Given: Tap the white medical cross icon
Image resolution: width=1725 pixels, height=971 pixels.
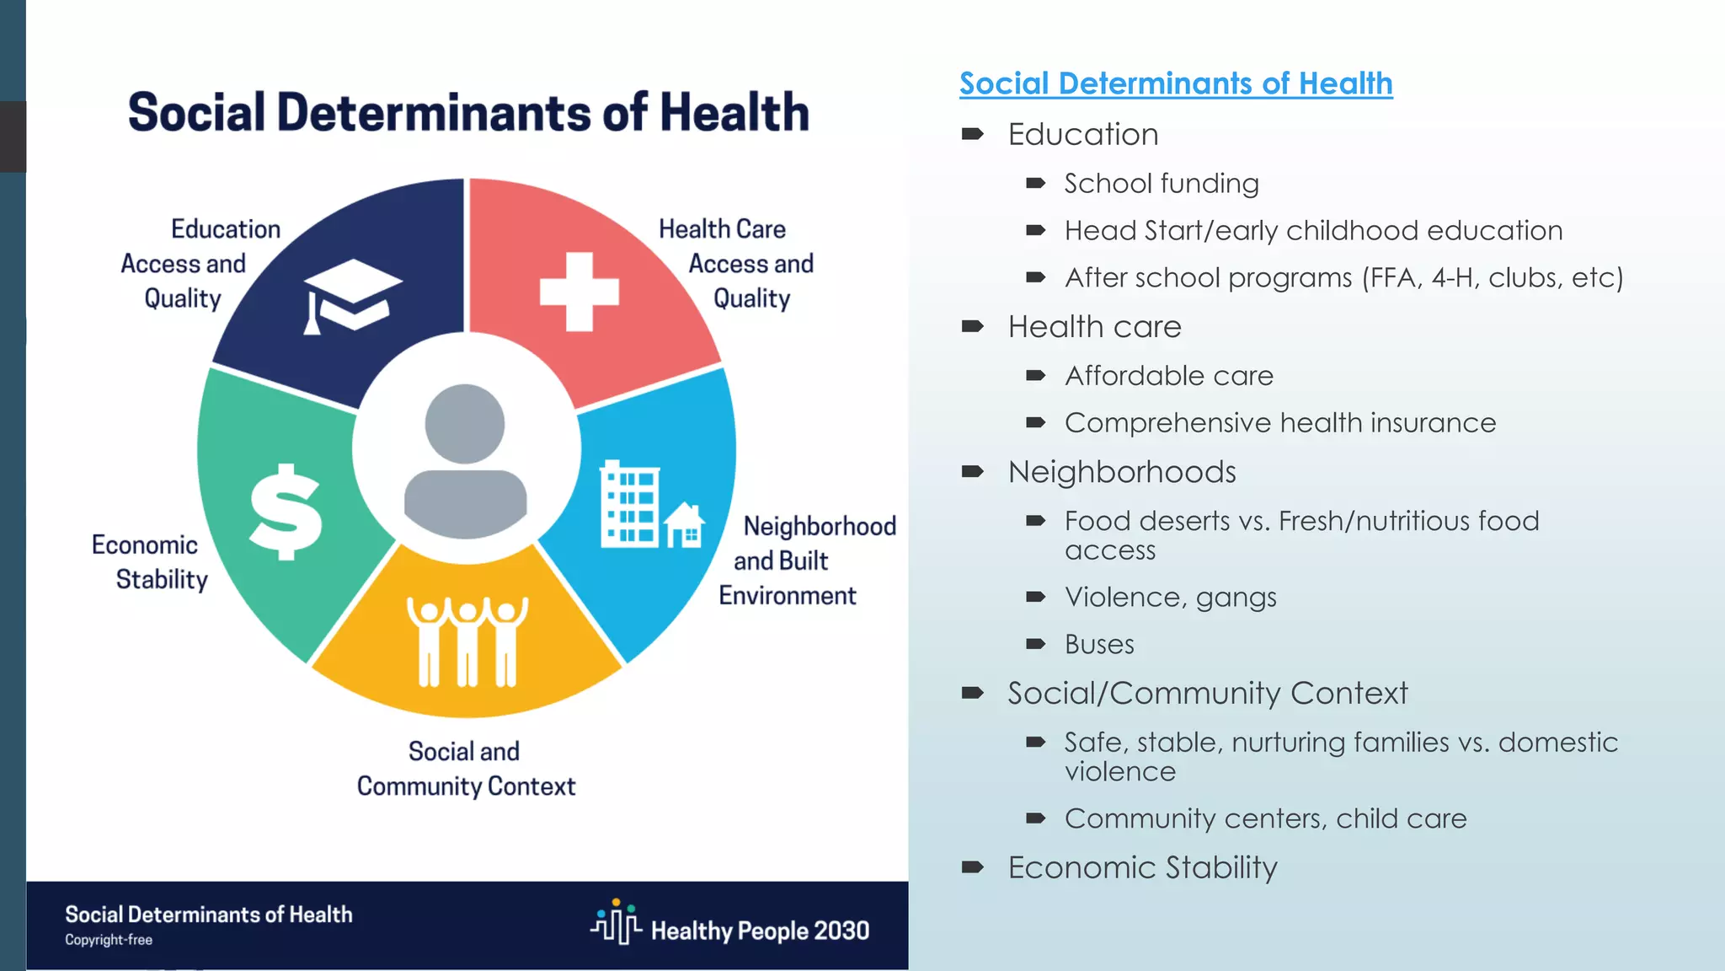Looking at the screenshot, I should point(579,292).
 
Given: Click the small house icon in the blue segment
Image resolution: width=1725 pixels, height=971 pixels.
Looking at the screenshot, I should point(685,526).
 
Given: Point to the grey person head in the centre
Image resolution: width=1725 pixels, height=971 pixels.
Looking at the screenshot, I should point(465,424).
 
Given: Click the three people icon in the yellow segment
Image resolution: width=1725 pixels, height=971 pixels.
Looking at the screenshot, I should point(467,641).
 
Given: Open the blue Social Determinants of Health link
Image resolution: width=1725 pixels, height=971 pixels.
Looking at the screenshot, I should point(1175,83).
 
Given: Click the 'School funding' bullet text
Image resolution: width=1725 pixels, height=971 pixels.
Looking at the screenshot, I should point(1161,184).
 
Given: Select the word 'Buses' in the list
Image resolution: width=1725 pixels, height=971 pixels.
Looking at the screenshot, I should point(1098,645).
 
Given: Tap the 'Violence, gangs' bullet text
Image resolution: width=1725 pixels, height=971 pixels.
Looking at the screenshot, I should point(1170,598).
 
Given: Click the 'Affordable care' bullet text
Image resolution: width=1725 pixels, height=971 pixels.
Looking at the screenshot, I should point(1168,376).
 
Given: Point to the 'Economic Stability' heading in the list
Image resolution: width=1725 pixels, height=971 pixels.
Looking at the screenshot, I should point(1142,867).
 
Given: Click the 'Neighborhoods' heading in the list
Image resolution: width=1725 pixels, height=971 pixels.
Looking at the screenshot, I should point(1121,472).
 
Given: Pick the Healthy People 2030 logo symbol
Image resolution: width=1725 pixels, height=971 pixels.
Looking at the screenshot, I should point(616,923).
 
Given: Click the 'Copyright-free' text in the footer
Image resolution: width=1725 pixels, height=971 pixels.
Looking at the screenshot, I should point(109,940).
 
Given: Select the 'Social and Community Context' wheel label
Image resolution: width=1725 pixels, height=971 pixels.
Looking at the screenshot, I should point(466,769).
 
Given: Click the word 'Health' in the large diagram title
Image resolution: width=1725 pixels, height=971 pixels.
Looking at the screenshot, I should point(734,113).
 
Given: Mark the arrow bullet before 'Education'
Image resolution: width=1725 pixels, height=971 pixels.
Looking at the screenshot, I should point(972,134).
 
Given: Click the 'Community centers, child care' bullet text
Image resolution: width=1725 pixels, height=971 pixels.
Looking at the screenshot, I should point(1264,819).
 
